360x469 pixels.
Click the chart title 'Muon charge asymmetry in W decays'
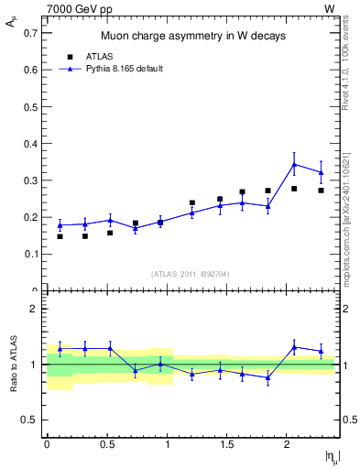(x=192, y=36)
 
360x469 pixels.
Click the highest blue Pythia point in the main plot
(x=294, y=164)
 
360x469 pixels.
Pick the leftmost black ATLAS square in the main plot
(x=60, y=236)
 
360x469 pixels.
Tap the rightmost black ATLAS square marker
(x=321, y=191)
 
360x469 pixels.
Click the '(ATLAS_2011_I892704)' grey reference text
(x=191, y=273)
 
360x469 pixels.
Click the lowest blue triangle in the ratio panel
(x=268, y=377)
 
